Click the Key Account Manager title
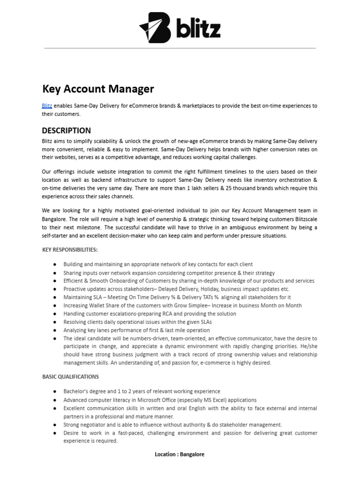pyautogui.click(x=98, y=89)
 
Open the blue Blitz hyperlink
pyautogui.click(x=47, y=106)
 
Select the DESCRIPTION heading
pyautogui.click(x=67, y=130)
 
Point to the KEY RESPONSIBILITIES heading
pyautogui.click(x=70, y=250)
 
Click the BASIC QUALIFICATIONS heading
pyautogui.click(x=70, y=376)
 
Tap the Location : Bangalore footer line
pyautogui.click(x=180, y=454)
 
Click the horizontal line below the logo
pyautogui.click(x=180, y=48)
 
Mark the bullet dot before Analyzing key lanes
pyautogui.click(x=55, y=330)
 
